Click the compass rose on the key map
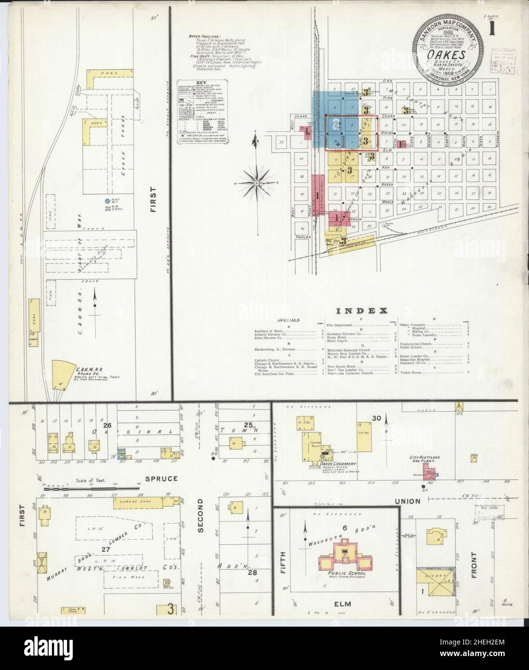click(x=257, y=183)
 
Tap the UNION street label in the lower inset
click(x=408, y=501)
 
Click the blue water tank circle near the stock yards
click(x=107, y=200)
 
